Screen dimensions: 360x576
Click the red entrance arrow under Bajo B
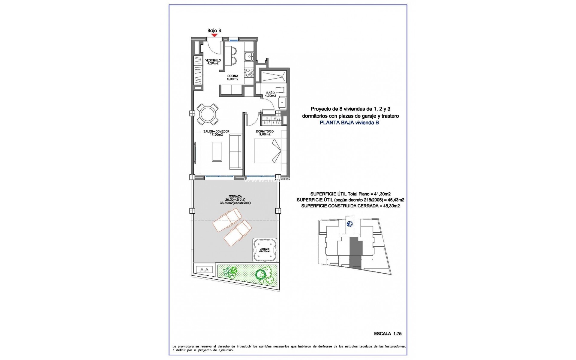[x=214, y=35]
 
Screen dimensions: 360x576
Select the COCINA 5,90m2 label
[x=232, y=77]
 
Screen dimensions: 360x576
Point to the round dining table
[x=207, y=114]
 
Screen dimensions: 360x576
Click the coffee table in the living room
[x=217, y=151]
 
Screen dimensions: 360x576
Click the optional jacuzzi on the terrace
[x=265, y=250]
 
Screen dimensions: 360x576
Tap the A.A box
[x=204, y=270]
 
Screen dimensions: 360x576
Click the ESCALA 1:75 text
[x=388, y=334]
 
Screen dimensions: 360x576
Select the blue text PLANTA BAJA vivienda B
[x=349, y=122]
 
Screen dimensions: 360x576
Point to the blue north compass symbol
[x=349, y=224]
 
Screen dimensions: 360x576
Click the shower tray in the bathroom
[x=273, y=76]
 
